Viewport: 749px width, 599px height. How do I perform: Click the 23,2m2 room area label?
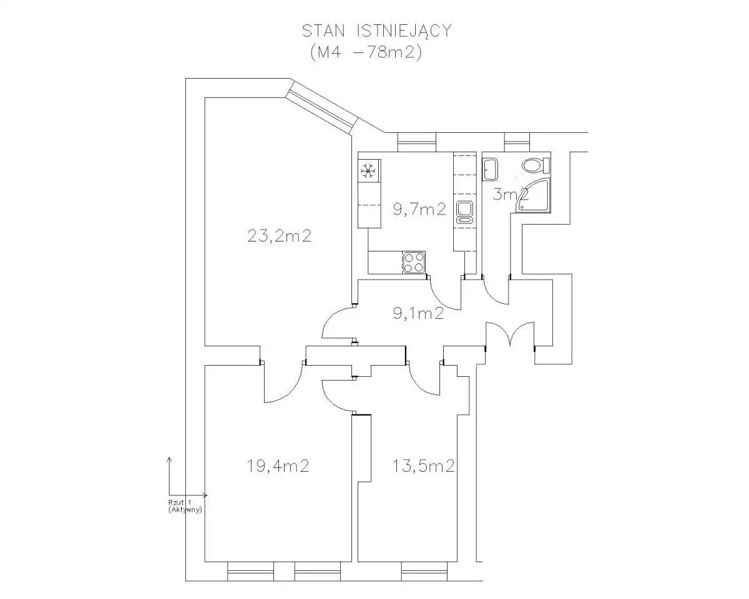point(279,236)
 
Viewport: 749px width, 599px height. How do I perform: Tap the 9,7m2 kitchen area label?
point(419,209)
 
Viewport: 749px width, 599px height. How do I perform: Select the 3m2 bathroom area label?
point(511,194)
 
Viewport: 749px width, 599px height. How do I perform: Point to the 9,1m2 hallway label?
point(418,313)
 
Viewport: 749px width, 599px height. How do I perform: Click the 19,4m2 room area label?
point(278,465)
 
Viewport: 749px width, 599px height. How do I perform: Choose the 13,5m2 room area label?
point(424,465)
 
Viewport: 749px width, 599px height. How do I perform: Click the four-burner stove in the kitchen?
point(414,263)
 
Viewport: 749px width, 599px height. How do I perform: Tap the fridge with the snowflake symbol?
point(370,170)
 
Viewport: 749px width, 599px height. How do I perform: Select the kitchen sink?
point(464,212)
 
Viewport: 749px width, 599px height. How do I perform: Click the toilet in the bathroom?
point(536,165)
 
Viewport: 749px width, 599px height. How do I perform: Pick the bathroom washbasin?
point(490,169)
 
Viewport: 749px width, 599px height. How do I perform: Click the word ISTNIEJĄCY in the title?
point(404,32)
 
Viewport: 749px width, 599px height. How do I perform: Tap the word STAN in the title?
point(323,31)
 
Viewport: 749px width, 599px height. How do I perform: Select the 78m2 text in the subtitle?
point(386,53)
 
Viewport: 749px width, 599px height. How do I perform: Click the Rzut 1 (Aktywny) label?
point(185,507)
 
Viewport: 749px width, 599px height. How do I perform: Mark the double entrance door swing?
point(510,334)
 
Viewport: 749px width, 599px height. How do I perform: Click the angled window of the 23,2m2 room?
point(321,109)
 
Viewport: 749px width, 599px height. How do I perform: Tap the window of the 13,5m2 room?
point(424,572)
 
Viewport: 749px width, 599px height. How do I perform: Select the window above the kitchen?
point(416,142)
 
